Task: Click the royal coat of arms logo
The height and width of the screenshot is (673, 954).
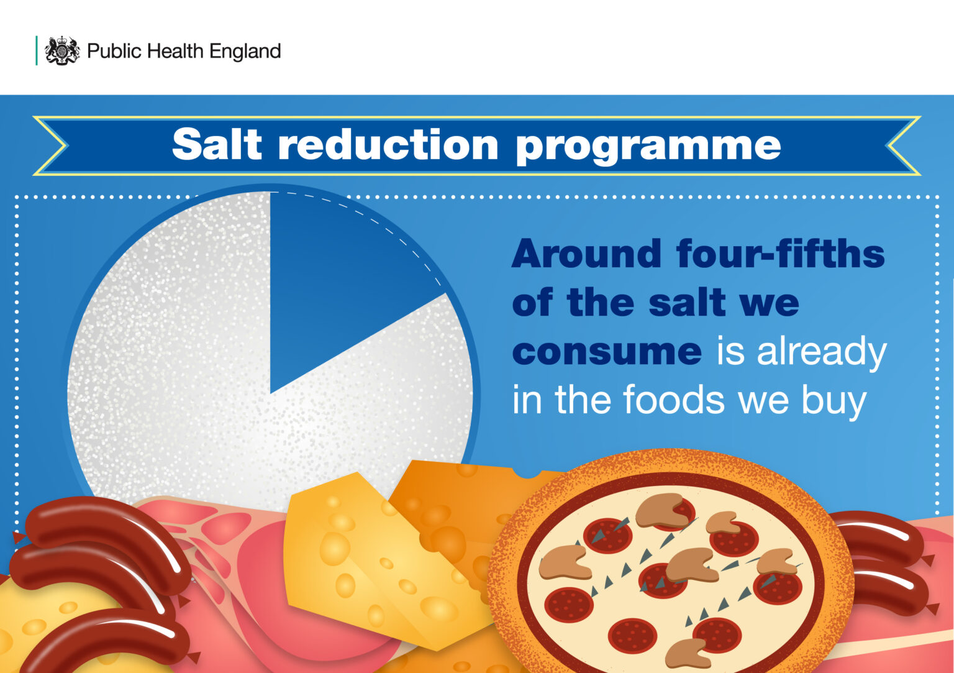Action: (62, 50)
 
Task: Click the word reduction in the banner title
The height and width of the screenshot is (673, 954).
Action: (388, 145)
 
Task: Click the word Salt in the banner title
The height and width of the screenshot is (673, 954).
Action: (217, 144)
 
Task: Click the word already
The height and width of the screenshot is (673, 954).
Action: (821, 353)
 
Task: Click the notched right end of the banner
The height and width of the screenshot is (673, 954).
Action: (904, 145)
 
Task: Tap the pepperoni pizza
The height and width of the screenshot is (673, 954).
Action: (671, 572)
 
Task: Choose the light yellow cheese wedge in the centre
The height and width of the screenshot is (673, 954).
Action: (366, 559)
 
